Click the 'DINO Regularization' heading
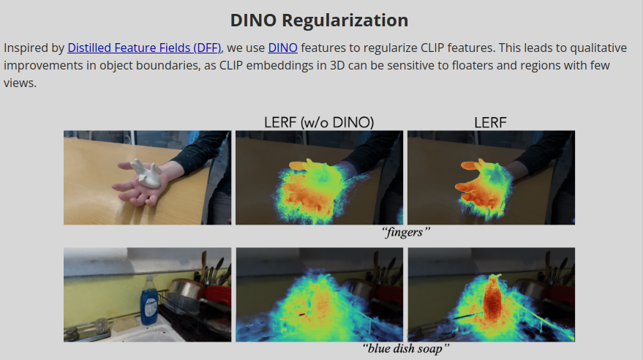pos(319,20)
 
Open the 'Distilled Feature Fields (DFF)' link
pos(144,48)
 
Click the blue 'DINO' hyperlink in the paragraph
pos(282,48)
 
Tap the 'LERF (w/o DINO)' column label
pos(319,122)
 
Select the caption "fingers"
pos(406,233)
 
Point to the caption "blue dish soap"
pos(406,349)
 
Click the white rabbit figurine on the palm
pos(146,174)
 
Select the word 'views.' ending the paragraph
pos(20,83)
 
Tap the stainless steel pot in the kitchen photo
pos(187,292)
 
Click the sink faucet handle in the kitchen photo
pos(101,326)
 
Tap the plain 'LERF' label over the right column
pos(490,122)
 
